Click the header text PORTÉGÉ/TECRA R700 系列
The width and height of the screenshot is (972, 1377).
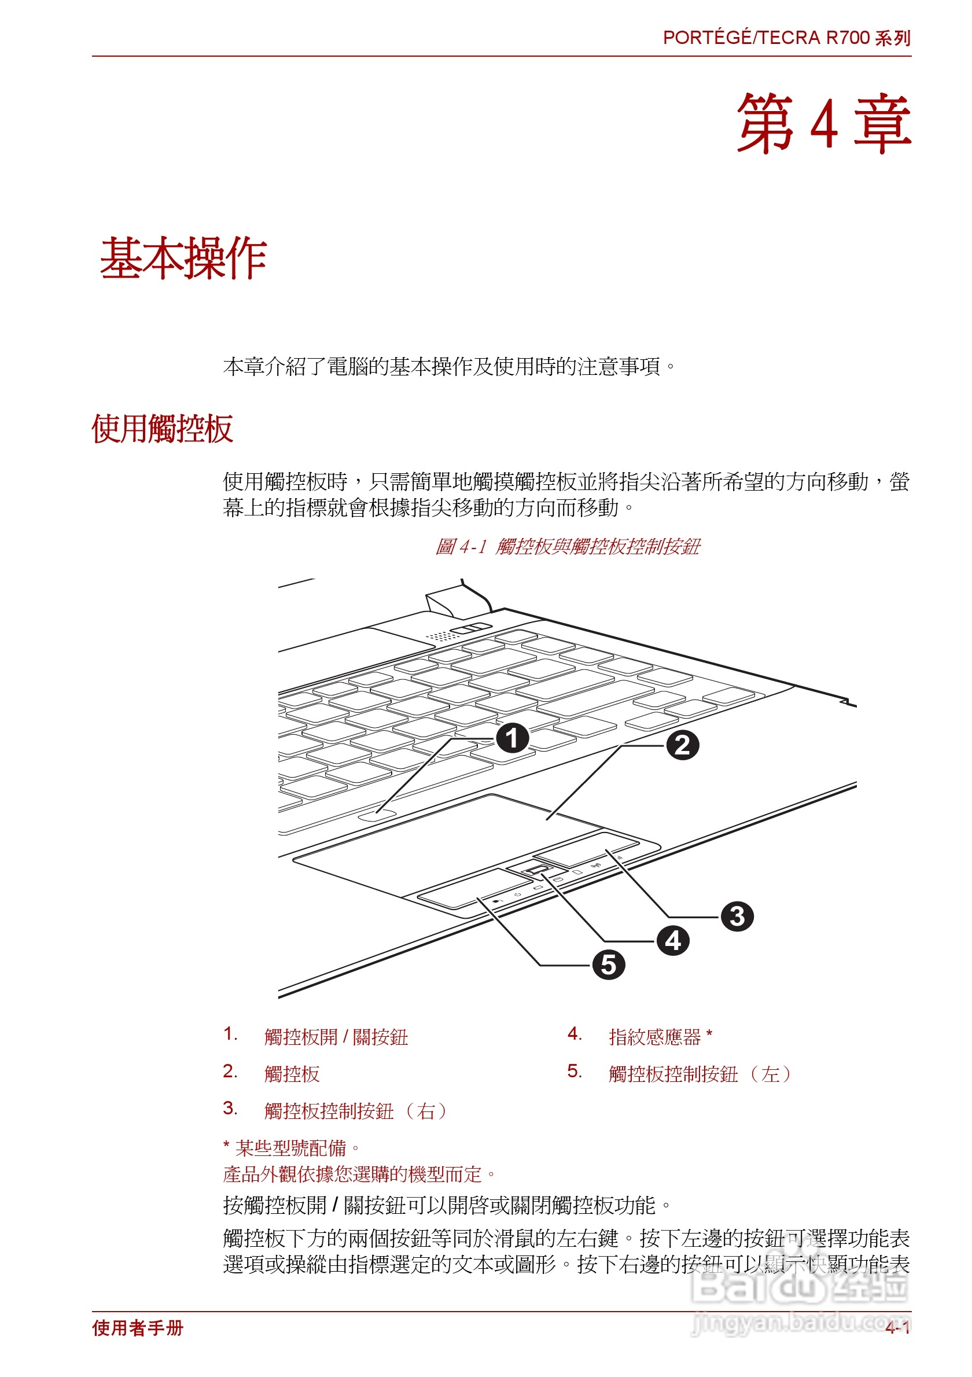click(x=786, y=38)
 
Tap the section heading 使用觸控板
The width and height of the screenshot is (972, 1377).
click(x=162, y=429)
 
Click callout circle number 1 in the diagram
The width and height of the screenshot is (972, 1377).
click(x=512, y=738)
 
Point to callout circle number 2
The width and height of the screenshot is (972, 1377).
click(x=682, y=745)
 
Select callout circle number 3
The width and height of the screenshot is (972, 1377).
click(x=737, y=916)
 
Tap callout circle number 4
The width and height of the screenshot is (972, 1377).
click(x=673, y=940)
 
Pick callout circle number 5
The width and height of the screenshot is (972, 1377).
click(x=608, y=965)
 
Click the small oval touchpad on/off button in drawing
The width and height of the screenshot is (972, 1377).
click(x=377, y=814)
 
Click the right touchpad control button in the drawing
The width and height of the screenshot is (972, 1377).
click(x=587, y=848)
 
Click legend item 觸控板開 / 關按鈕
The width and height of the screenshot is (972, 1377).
click(x=336, y=1037)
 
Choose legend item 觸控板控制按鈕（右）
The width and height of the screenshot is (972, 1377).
click(x=355, y=1111)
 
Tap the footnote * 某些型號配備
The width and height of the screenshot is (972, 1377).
click(x=292, y=1148)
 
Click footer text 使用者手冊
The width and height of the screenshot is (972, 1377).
click(x=137, y=1328)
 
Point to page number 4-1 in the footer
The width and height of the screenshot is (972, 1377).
click(x=897, y=1328)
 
